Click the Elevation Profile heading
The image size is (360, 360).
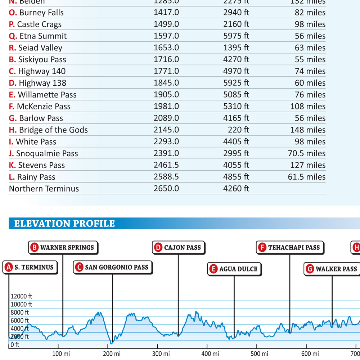64,224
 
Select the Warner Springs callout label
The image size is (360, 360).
63,247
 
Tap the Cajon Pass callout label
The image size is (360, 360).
179,247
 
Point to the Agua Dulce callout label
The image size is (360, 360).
234,269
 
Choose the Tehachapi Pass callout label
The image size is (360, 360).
290,247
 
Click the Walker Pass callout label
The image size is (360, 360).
332,269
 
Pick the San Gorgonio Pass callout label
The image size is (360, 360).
113,267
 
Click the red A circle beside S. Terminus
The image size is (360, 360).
9,267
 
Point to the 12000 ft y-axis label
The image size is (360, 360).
21,296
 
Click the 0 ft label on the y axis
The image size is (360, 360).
15,345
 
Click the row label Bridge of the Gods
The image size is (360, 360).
48,130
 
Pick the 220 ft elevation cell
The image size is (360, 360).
238,130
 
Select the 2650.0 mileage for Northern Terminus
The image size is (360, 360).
166,189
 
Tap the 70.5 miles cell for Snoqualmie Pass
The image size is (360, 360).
306,153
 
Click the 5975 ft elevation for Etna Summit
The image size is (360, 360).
236,36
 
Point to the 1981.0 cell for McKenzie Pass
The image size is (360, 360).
166,107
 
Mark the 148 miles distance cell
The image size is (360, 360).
308,130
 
